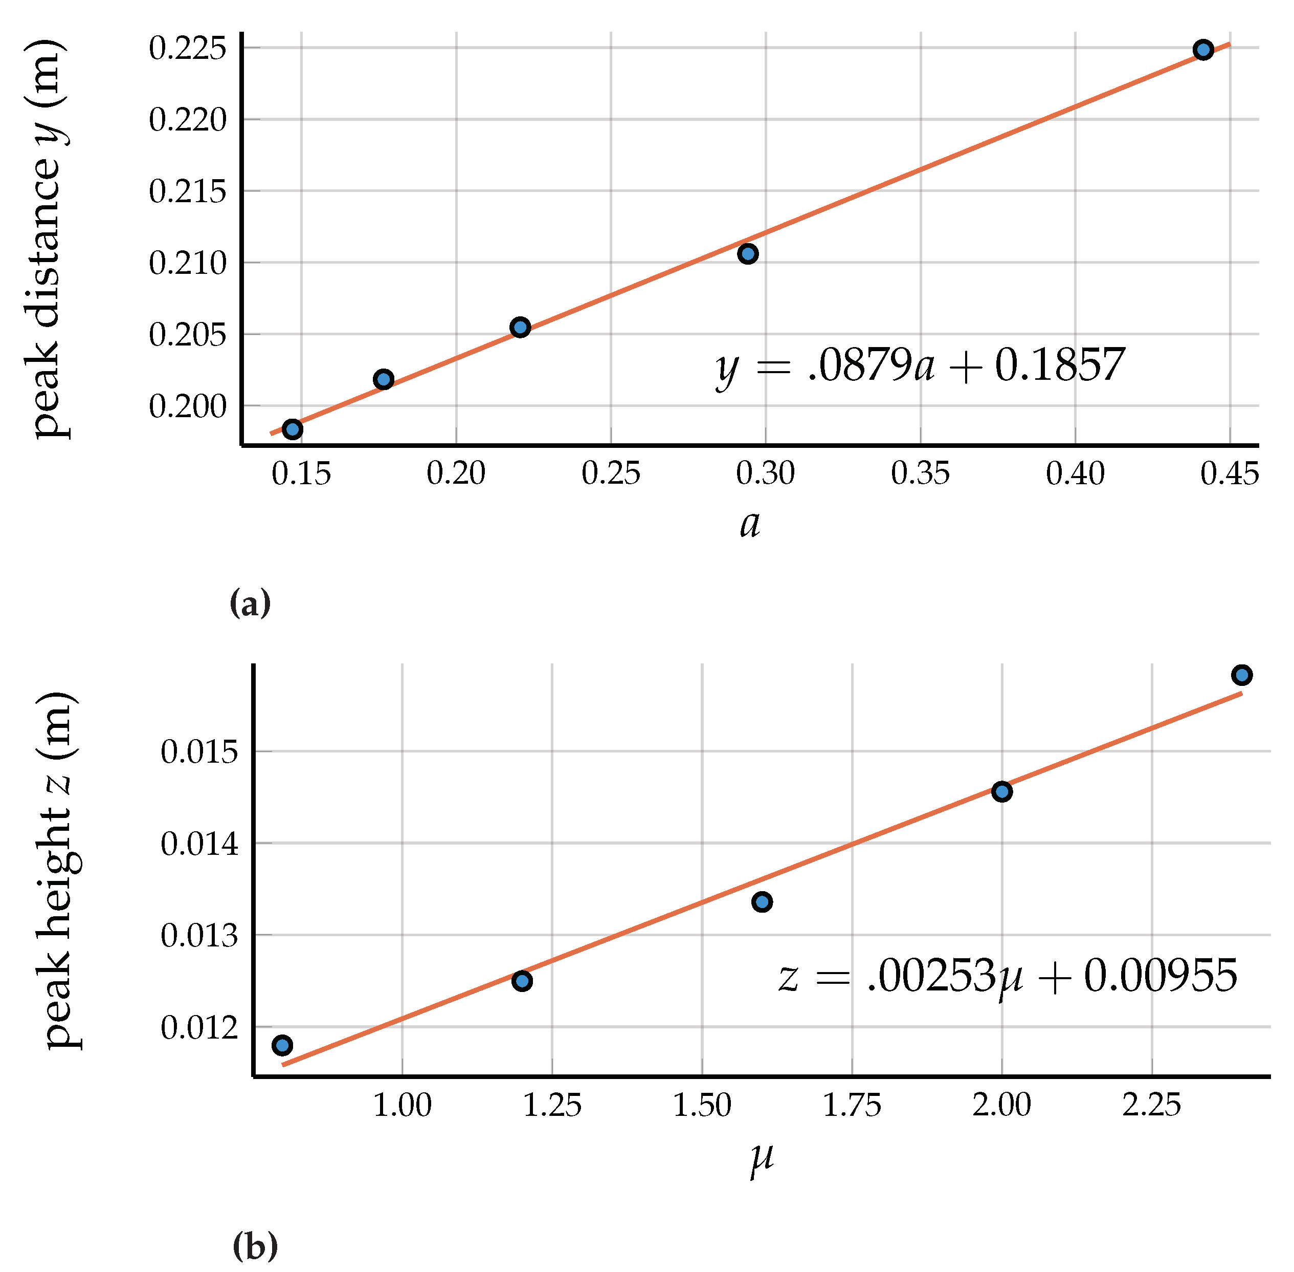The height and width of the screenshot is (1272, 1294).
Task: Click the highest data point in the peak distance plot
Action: (x=1202, y=50)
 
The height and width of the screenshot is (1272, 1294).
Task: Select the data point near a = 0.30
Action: (x=747, y=254)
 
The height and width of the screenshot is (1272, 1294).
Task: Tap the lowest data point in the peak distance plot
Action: (x=293, y=429)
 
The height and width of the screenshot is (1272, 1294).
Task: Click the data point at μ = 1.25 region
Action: (x=522, y=981)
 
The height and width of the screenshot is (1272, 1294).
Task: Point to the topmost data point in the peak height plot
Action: (x=1241, y=675)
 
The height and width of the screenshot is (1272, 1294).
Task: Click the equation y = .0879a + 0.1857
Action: (x=920, y=366)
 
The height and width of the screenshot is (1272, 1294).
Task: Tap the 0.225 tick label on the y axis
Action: (x=188, y=49)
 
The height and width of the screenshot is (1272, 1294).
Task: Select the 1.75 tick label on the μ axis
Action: (x=851, y=1106)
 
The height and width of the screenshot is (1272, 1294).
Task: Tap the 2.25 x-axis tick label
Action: (x=1151, y=1106)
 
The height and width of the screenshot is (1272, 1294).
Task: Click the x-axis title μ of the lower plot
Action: (x=761, y=1158)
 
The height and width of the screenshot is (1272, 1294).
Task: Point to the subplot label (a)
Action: (x=250, y=604)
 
